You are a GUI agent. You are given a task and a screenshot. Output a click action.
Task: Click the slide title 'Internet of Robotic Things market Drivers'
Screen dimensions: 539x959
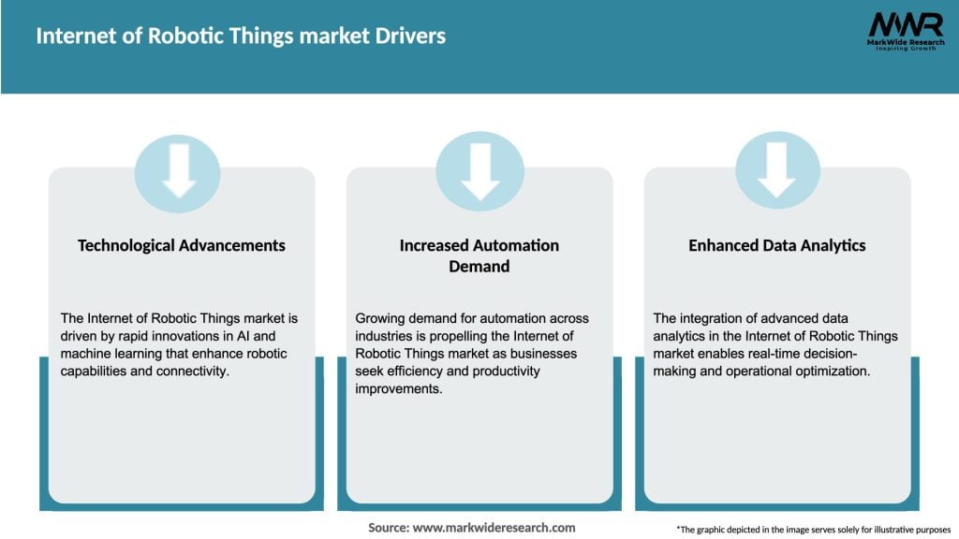[x=241, y=36]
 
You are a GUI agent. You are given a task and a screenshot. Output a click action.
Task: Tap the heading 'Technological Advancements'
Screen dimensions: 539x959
[x=182, y=245]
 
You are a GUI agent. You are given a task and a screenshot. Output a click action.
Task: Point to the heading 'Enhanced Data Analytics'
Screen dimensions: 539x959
[x=777, y=245]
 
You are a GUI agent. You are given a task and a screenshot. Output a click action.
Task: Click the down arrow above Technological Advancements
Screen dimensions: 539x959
[x=178, y=171]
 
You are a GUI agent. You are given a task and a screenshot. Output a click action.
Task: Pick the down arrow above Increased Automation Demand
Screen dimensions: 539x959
[x=479, y=171]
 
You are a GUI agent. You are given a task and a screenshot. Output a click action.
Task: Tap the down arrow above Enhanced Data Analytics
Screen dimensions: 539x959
[x=777, y=171]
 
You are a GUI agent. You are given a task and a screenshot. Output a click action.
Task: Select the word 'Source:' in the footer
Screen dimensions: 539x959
[x=389, y=528]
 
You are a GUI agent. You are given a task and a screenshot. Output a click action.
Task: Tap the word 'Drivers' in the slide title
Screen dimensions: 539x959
[x=409, y=36]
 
